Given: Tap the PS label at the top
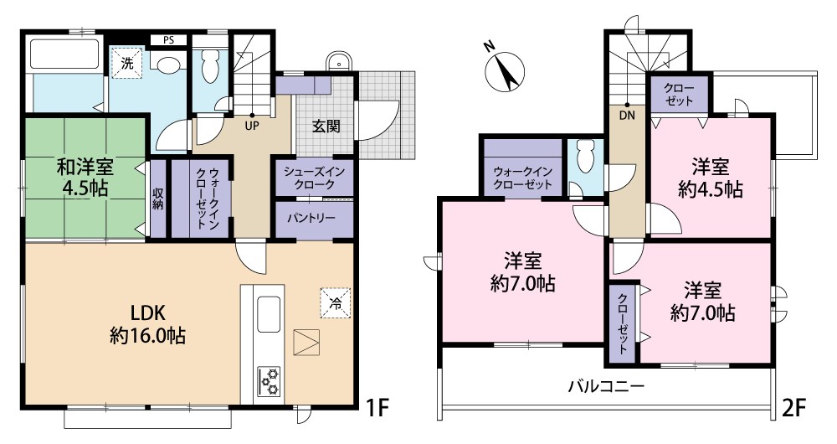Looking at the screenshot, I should pyautogui.click(x=168, y=39).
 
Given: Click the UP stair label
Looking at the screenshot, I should pyautogui.click(x=250, y=126).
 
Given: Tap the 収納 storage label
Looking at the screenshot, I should pyautogui.click(x=158, y=199).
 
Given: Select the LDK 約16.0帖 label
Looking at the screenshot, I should pyautogui.click(x=147, y=324).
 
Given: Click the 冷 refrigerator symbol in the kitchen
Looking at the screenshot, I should pyautogui.click(x=335, y=302).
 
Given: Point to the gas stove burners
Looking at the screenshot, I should pyautogui.click(x=270, y=381).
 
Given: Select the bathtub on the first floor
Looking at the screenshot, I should pyautogui.click(x=64, y=54).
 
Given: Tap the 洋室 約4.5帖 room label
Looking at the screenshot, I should pyautogui.click(x=709, y=177).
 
